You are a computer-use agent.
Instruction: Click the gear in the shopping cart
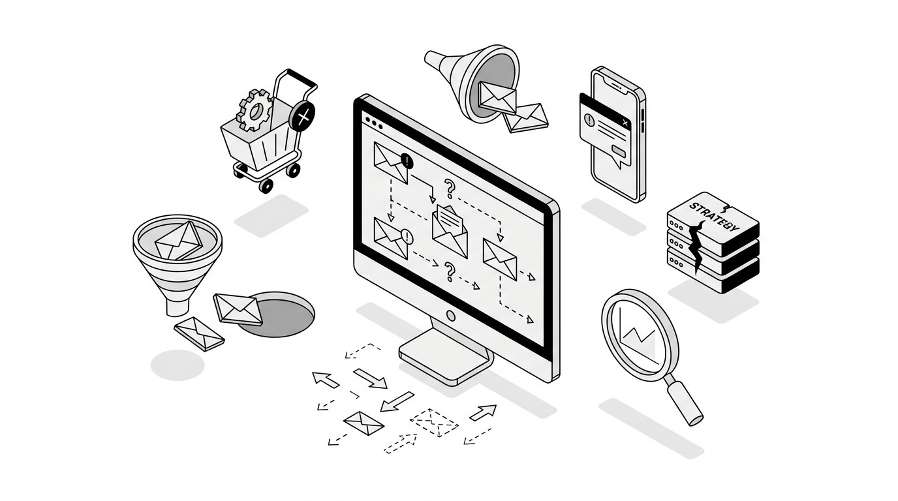tap(254, 110)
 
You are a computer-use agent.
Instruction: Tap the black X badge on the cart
tap(302, 117)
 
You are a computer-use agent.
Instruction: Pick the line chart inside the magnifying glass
tap(639, 338)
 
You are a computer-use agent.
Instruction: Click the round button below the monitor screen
tap(450, 316)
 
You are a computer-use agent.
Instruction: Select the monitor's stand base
tap(444, 357)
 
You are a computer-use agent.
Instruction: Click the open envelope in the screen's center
tap(450, 231)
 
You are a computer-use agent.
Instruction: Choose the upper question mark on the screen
tap(449, 188)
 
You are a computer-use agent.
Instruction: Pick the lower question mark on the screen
tap(449, 271)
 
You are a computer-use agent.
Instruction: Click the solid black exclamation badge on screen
tap(408, 160)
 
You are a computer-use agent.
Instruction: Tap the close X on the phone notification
tap(625, 123)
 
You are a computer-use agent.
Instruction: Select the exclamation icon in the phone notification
tap(589, 120)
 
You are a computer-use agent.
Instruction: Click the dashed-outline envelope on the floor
tap(434, 422)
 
